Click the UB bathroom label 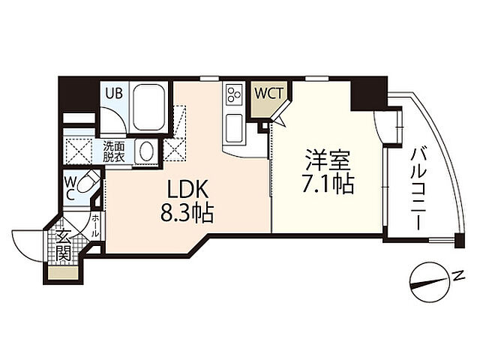(x=114, y=94)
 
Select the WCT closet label (x=268, y=94)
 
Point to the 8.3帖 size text (x=186, y=214)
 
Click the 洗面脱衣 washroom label (x=114, y=152)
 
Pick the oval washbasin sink (x=148, y=151)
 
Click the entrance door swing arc (x=26, y=244)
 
